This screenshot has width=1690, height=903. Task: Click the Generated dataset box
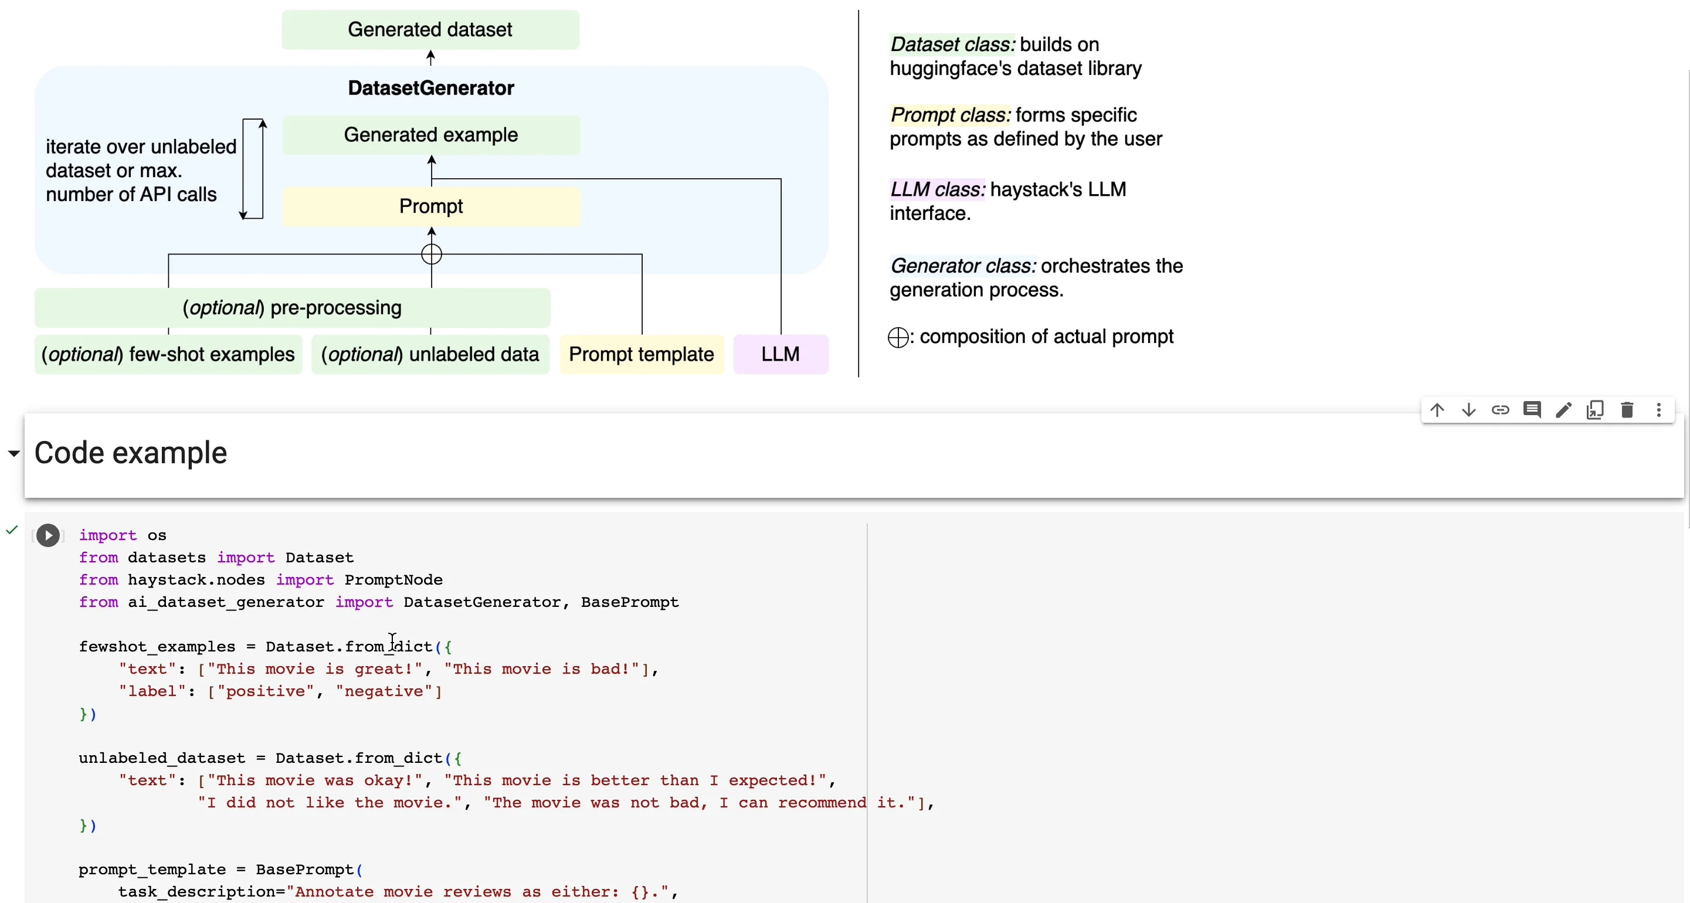(430, 29)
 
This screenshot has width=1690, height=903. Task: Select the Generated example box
(430, 135)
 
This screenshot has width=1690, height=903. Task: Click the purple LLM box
(780, 354)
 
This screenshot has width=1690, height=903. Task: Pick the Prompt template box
(641, 354)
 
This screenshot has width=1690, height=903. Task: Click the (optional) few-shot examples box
(168, 354)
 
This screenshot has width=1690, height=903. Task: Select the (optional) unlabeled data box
(430, 354)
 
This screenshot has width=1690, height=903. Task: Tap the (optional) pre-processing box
(292, 308)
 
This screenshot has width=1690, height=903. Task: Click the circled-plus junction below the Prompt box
(431, 254)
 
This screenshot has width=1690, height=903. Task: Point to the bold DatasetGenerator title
(430, 88)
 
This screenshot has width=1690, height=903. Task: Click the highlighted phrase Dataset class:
(952, 45)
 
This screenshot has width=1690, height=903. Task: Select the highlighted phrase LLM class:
(937, 189)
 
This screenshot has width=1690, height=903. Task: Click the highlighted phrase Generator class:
(962, 266)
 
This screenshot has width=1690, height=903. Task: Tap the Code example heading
(131, 453)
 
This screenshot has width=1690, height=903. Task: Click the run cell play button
(48, 535)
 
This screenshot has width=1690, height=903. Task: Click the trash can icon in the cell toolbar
(1626, 410)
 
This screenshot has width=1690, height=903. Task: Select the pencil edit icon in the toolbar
(1563, 410)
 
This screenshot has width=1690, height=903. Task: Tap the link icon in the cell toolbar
(1500, 410)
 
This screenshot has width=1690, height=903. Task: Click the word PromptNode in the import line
(393, 580)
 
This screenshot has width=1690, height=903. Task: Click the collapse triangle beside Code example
(13, 453)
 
